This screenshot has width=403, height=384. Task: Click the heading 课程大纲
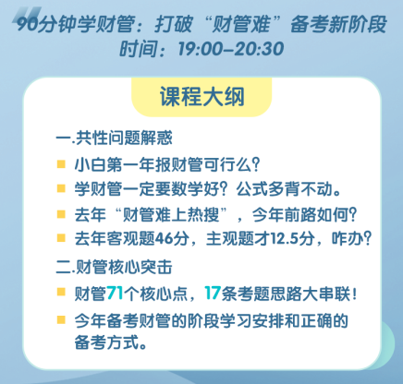tap(201, 97)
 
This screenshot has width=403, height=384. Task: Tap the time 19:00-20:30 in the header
tap(232, 48)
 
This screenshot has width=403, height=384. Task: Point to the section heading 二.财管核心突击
tap(114, 269)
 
